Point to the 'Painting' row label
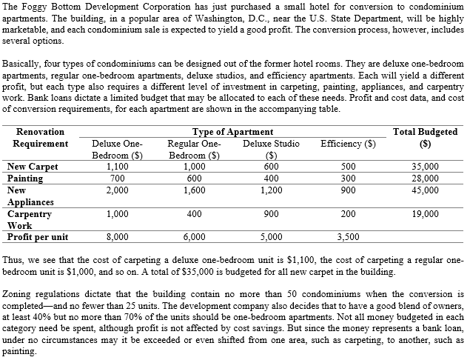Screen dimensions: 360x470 [x=26, y=178]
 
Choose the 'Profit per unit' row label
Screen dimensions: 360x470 [x=38, y=237]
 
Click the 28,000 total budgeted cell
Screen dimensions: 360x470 [x=425, y=178]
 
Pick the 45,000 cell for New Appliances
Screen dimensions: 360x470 [x=425, y=190]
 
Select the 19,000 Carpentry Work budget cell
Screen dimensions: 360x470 [x=425, y=213]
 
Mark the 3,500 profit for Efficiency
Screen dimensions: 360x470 [x=348, y=237]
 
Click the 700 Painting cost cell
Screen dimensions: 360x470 [x=115, y=178]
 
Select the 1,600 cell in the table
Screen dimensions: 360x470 [x=194, y=190]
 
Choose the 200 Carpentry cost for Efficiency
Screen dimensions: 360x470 [x=348, y=213]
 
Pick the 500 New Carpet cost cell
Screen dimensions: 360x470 [x=348, y=167]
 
